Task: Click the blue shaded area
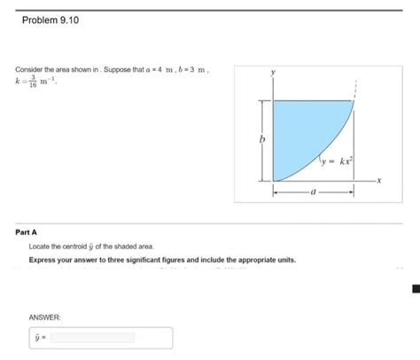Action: (301, 129)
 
